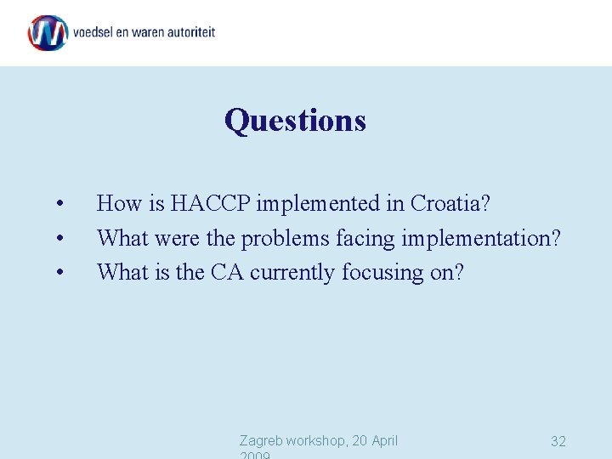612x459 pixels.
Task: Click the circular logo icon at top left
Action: tap(48, 33)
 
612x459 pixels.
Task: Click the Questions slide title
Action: tap(295, 120)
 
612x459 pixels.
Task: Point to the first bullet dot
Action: tap(59, 204)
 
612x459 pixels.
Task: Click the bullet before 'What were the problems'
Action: tap(59, 239)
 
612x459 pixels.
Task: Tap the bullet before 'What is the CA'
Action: tap(59, 273)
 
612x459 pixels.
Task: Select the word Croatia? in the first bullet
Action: tap(451, 204)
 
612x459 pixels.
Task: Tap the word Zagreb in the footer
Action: tap(261, 440)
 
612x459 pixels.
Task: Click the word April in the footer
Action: tap(380, 440)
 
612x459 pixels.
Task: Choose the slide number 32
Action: tap(558, 441)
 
